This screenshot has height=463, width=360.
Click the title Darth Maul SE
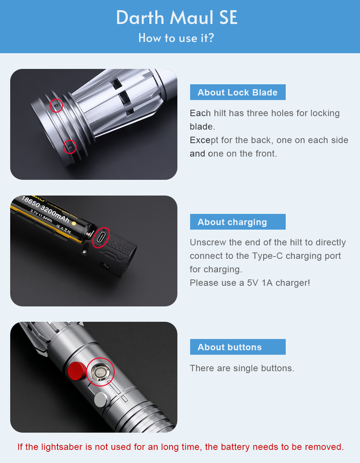tap(177, 18)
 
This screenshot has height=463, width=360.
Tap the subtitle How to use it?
tap(176, 38)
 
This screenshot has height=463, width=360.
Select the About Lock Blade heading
tap(238, 93)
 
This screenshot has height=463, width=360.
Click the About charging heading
tap(232, 222)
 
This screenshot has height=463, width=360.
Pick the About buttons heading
tap(230, 347)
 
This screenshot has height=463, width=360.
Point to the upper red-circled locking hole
tap(56, 105)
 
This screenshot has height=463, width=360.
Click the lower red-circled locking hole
tap(70, 146)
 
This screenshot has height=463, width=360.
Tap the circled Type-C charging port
tap(101, 237)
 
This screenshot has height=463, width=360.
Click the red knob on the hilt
tap(77, 371)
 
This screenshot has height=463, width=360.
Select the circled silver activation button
tap(101, 372)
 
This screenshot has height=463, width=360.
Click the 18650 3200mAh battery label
tap(46, 210)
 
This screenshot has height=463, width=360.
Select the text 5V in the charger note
tap(253, 283)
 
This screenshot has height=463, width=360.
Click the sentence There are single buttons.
tap(242, 368)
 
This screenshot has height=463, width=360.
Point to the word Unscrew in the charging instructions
tap(208, 243)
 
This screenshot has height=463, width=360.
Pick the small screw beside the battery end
tap(85, 251)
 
